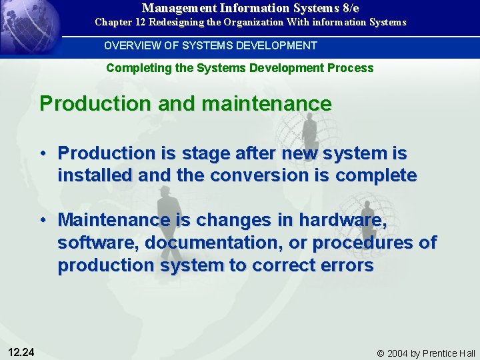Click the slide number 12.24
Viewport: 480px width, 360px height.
click(x=22, y=352)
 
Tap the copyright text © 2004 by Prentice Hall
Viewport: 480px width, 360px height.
click(x=425, y=353)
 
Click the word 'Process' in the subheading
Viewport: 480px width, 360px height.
click(x=352, y=68)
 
